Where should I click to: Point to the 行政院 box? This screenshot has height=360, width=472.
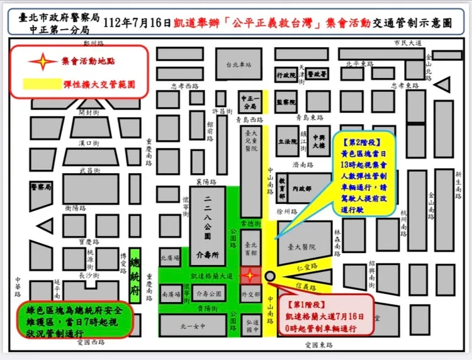pyautogui.click(x=286, y=75)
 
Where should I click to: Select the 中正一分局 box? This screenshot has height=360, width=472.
pyautogui.click(x=250, y=102)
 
